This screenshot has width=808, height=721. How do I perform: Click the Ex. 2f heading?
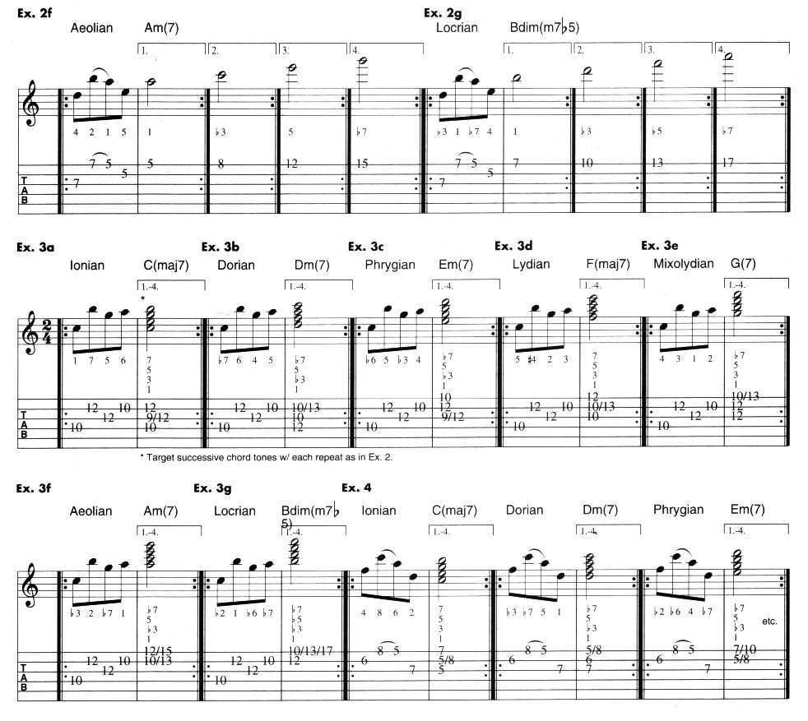35,12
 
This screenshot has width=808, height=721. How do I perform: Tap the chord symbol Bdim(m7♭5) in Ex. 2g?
545,27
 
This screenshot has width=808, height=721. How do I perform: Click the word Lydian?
532,265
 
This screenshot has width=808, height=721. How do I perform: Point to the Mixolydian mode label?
682,265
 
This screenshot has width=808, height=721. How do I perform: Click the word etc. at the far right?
769,621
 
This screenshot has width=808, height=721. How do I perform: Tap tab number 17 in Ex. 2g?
727,164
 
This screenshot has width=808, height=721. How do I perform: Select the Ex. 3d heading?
514,246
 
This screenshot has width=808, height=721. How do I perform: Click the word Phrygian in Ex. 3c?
390,265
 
